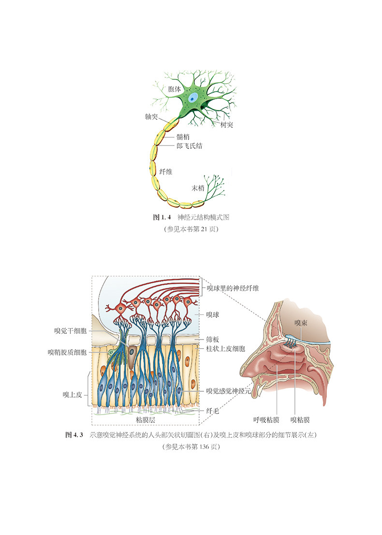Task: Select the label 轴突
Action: pyautogui.click(x=151, y=117)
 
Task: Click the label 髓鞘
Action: pyautogui.click(x=184, y=137)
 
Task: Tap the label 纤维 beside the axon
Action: pyautogui.click(x=166, y=171)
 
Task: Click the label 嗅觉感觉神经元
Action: pyautogui.click(x=228, y=391)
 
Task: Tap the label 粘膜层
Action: pyautogui.click(x=146, y=419)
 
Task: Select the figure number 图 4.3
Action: pyautogui.click(x=74, y=435)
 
